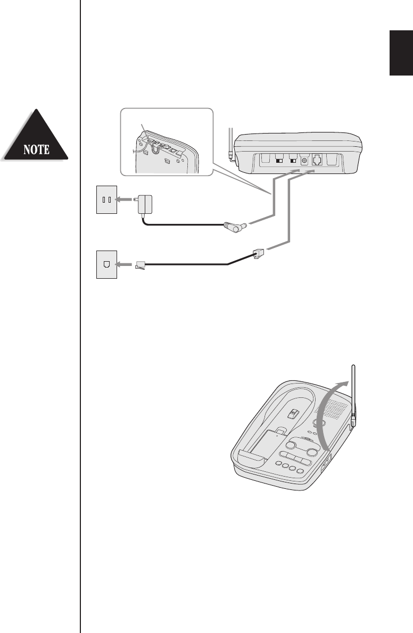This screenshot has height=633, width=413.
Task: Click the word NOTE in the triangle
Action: pos(36,148)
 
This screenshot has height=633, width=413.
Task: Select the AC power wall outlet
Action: pos(106,200)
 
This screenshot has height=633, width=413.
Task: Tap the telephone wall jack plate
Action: pos(106,263)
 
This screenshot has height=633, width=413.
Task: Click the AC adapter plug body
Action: pos(144,203)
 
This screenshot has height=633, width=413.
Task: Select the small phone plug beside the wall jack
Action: pos(141,264)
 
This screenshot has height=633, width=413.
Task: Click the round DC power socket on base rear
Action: pos(305,159)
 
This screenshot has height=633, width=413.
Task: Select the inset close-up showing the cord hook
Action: pos(166,141)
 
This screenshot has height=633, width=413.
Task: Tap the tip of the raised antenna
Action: pos(353,367)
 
